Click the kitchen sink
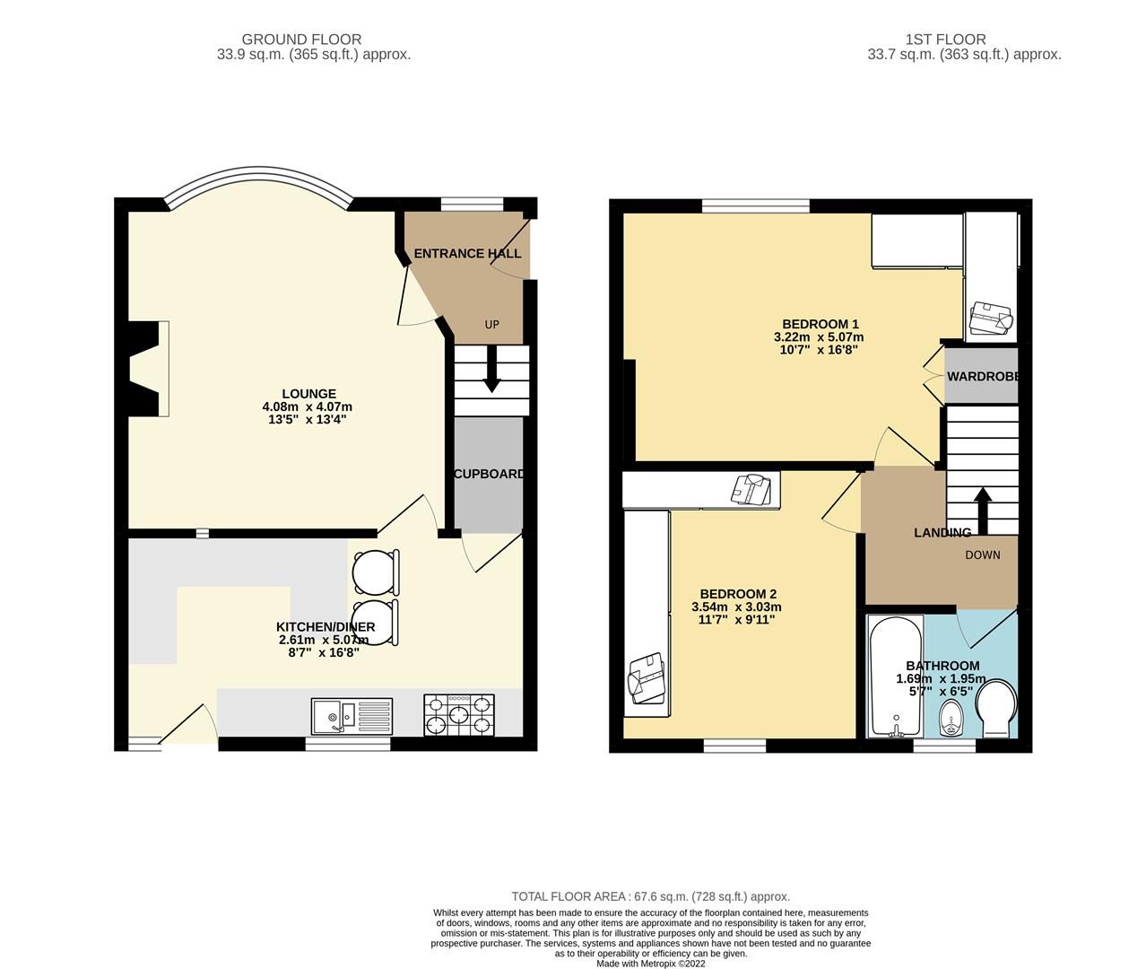[x=352, y=716]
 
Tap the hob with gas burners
[x=458, y=716]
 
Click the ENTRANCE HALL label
[x=467, y=254]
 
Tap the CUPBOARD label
[x=489, y=474]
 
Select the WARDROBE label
[x=983, y=376]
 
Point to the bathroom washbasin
[x=951, y=718]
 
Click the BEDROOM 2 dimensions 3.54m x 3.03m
[x=736, y=607]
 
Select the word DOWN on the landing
[x=982, y=554]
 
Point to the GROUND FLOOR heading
[x=301, y=39]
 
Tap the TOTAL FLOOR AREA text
[x=650, y=896]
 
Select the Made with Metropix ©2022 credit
[x=650, y=964]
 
